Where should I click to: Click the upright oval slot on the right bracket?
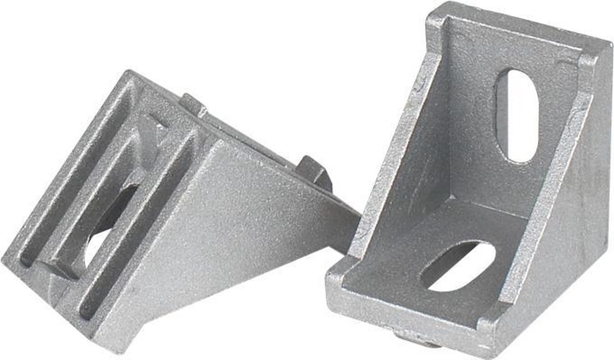[517, 115]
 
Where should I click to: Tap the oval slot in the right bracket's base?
[458, 265]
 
